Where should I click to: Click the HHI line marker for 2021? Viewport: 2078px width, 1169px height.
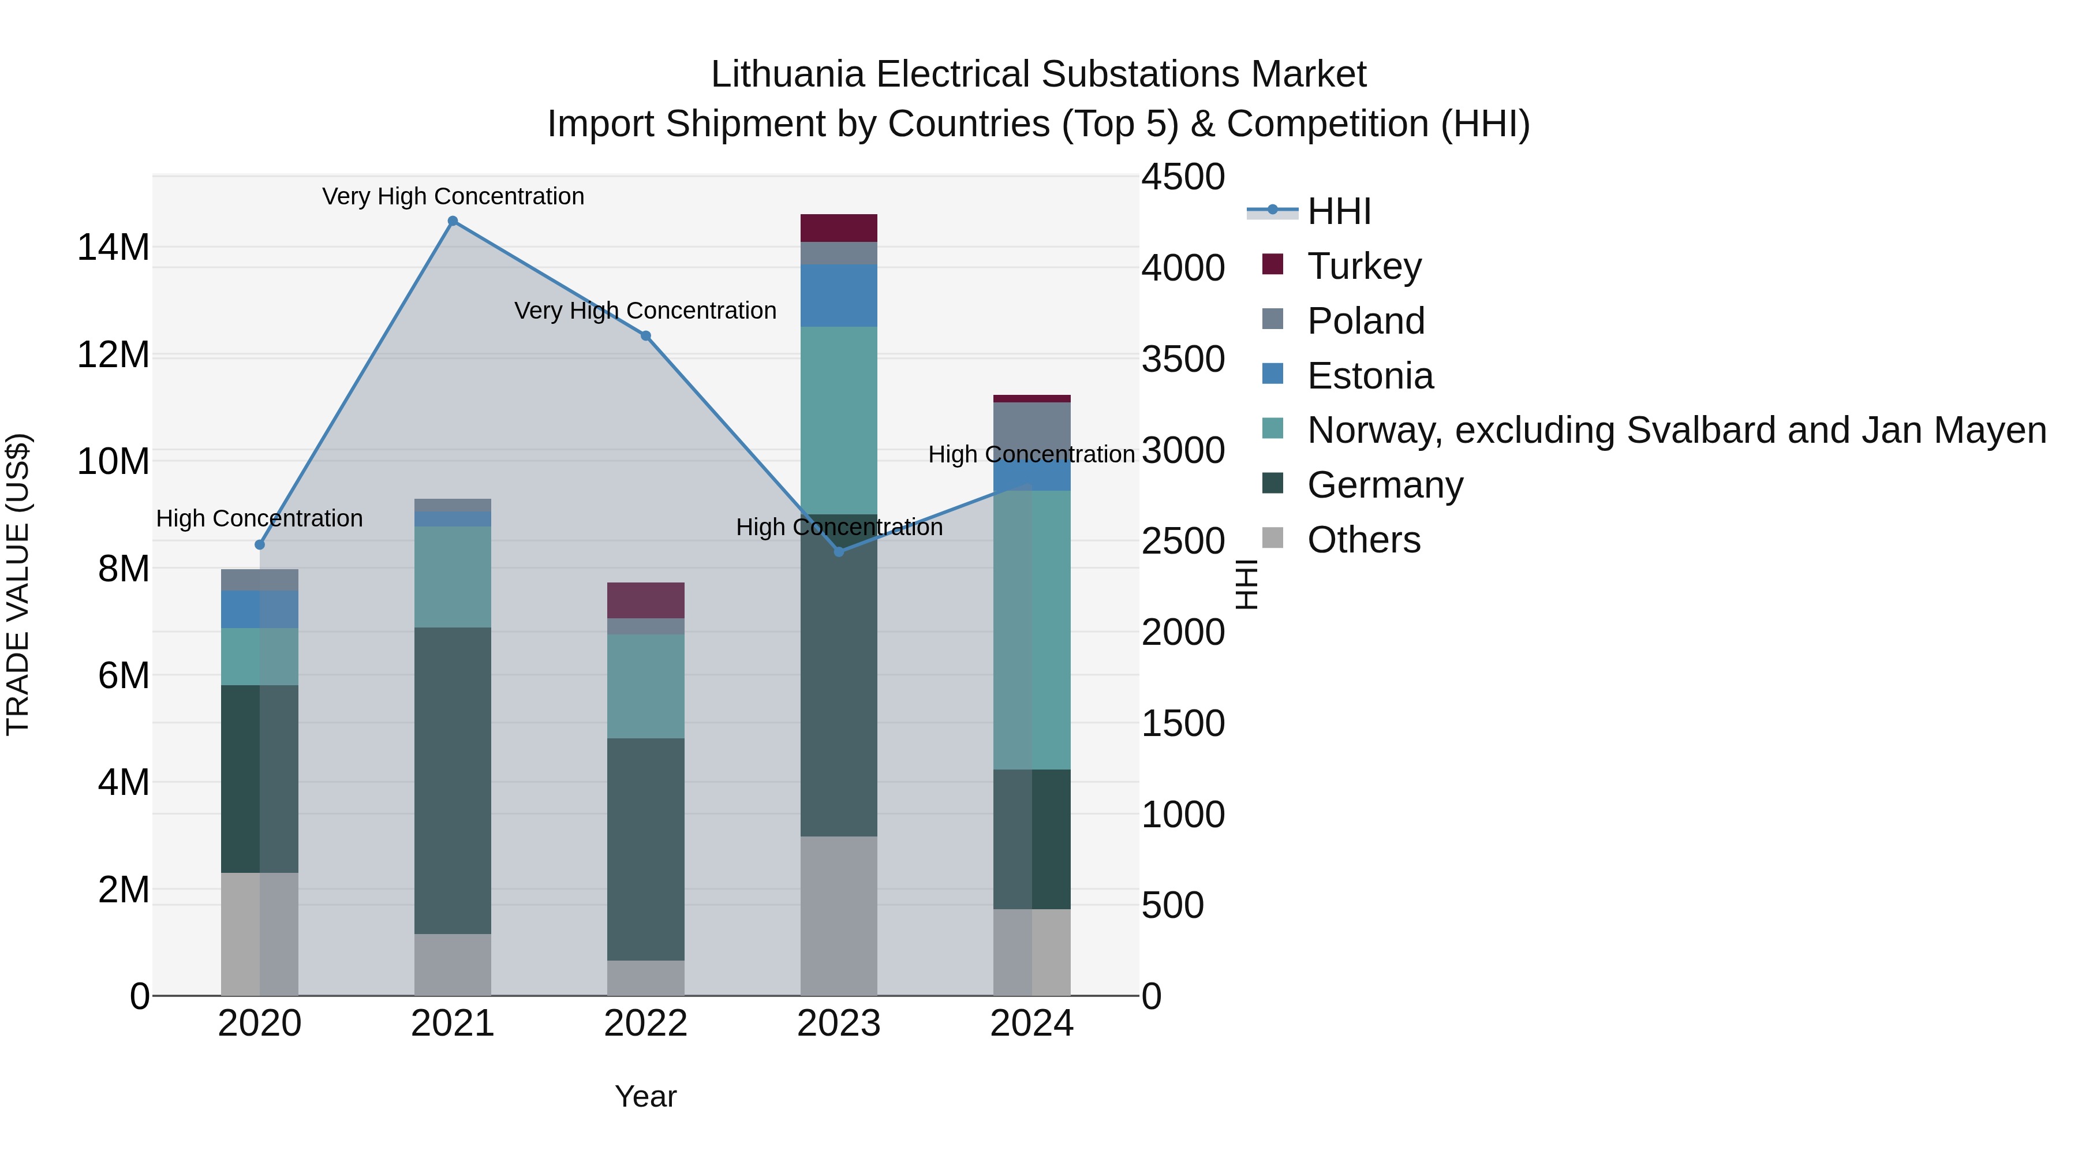pos(453,221)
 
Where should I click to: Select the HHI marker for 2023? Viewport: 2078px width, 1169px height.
pos(839,552)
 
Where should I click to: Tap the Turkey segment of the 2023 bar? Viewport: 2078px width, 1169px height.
pos(839,228)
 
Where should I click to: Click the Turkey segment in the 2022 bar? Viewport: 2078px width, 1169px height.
pos(645,600)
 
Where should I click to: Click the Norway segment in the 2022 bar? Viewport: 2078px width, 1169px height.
pos(645,686)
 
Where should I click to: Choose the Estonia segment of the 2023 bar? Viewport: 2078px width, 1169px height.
pos(839,295)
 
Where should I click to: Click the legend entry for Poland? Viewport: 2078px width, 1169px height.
pos(1365,321)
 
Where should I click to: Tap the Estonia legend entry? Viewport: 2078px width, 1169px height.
pos(1370,376)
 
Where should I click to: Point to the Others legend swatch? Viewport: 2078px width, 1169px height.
pos(1273,538)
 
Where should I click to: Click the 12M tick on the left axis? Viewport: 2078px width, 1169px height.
pos(113,355)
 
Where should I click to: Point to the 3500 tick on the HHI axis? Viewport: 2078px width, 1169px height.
pos(1183,359)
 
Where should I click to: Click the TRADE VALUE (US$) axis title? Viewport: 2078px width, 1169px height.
pos(18,585)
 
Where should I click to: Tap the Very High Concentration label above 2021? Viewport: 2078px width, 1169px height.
pos(453,196)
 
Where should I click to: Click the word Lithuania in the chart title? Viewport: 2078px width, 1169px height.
pos(788,74)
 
